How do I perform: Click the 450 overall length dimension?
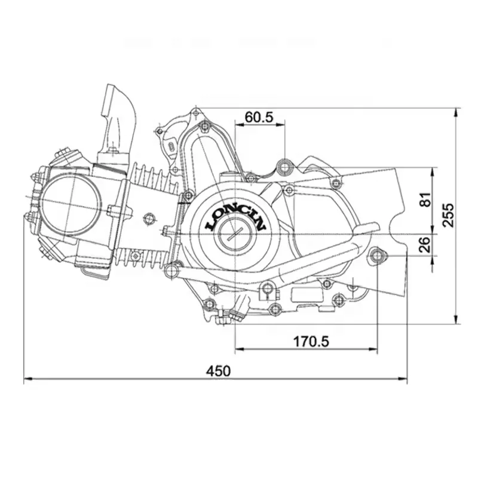[x=218, y=370]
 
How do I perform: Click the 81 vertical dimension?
[x=425, y=200]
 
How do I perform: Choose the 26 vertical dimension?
[x=425, y=244]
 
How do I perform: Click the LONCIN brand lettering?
[x=235, y=216]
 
